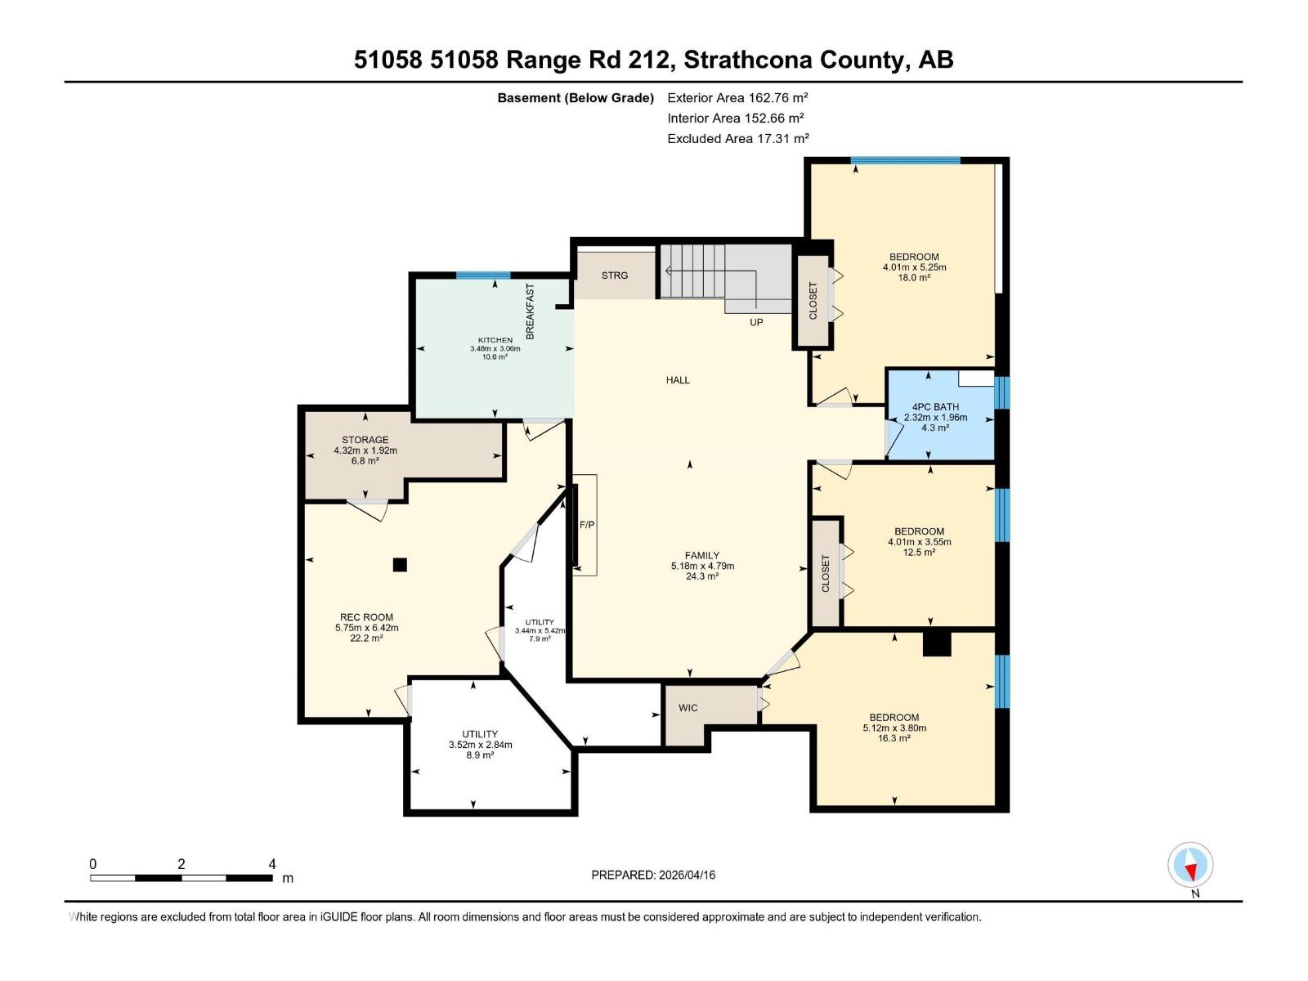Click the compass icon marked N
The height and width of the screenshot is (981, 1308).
click(1190, 865)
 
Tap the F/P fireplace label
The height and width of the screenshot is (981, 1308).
click(587, 525)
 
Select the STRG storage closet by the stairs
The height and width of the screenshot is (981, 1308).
click(615, 275)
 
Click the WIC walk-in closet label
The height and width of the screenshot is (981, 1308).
click(688, 708)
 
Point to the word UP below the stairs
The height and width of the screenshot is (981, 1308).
click(756, 322)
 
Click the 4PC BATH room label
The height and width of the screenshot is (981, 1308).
click(935, 406)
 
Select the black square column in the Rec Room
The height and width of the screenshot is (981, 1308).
click(399, 564)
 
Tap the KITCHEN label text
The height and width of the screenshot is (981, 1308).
click(495, 340)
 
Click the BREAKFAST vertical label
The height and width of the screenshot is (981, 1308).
click(530, 311)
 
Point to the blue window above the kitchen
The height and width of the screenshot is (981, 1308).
click(483, 275)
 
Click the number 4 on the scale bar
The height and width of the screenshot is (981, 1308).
click(272, 864)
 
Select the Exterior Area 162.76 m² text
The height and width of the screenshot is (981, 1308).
click(737, 97)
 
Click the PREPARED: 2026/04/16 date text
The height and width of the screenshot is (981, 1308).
click(653, 875)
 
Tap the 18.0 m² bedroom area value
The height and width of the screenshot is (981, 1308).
click(914, 278)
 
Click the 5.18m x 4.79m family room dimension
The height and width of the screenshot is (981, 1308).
click(702, 566)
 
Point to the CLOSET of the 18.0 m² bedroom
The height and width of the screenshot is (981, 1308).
click(813, 301)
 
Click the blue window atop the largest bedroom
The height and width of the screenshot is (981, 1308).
click(905, 160)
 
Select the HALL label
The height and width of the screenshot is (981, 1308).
click(678, 380)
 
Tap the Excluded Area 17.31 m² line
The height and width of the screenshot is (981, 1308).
click(737, 139)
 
